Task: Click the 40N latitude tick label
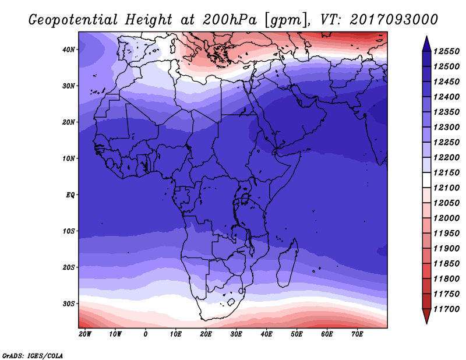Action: click(x=68, y=50)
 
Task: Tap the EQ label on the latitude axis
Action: click(x=70, y=195)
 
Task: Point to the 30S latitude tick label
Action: click(x=68, y=304)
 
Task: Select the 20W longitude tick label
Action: click(x=85, y=334)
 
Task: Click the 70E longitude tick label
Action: click(x=357, y=334)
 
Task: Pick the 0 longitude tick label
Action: click(x=145, y=334)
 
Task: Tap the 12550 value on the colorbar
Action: click(x=446, y=51)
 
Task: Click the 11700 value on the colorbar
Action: click(x=446, y=309)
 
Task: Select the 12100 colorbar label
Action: click(x=446, y=188)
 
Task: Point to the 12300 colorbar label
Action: click(x=446, y=127)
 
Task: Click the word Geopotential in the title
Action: click(x=73, y=20)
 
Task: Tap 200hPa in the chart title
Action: click(x=230, y=20)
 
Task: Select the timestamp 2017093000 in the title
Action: click(x=394, y=20)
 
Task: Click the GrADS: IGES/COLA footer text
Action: click(x=33, y=356)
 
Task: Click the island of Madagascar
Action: click(x=288, y=263)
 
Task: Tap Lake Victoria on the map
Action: click(x=245, y=198)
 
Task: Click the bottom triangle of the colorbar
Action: click(x=426, y=315)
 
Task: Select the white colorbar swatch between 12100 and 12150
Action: click(x=426, y=180)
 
